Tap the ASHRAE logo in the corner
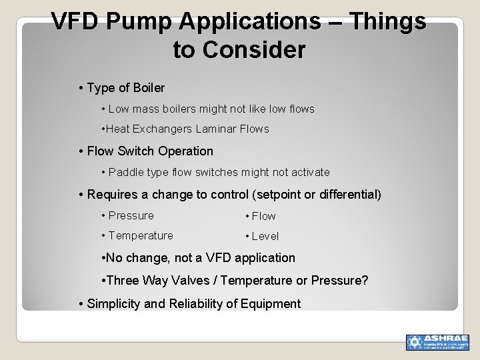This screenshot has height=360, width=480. tap(437, 341)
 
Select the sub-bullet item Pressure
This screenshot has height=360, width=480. tap(131, 215)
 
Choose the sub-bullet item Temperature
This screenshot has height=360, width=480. tap(141, 235)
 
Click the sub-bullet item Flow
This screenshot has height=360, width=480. tap(263, 216)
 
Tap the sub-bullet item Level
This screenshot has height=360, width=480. tap(265, 236)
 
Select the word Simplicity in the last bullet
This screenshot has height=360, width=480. tap(114, 304)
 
